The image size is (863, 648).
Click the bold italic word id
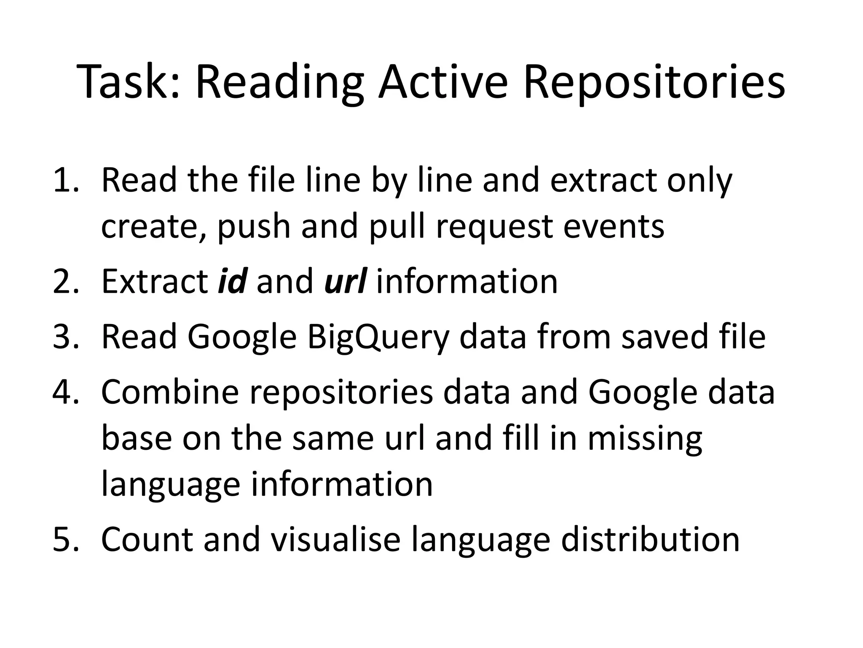coord(232,281)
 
